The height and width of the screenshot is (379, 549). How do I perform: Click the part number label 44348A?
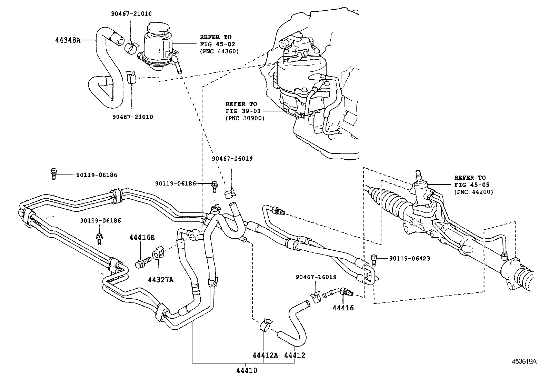68,40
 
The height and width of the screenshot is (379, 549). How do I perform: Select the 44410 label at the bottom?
247,371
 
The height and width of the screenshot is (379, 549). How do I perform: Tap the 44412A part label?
265,355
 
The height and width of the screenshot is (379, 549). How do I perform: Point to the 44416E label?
142,237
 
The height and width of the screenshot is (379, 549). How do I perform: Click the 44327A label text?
161,280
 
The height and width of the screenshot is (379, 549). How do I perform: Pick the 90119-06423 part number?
409,258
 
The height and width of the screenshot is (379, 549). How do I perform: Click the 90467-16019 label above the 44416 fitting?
316,277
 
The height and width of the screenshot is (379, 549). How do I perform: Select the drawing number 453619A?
524,361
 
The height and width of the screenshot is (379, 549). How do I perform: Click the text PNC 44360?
219,51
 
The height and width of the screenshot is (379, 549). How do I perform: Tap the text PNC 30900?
245,118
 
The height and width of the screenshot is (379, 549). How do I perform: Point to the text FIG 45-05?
472,185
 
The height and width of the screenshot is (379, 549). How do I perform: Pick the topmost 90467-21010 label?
131,14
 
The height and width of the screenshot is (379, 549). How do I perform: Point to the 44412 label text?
295,355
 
